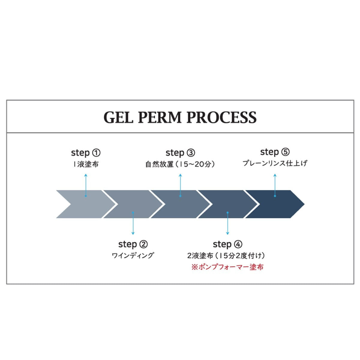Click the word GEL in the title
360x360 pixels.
[x=118, y=117]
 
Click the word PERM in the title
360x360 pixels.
[x=160, y=117]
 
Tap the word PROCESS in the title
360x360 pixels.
[x=222, y=117]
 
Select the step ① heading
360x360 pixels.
[x=86, y=153]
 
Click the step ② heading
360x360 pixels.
[x=133, y=244]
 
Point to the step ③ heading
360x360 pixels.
[x=180, y=153]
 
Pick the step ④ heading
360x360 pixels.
[x=227, y=244]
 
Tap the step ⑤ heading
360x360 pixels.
[x=275, y=152]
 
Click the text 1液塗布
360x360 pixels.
[x=86, y=164]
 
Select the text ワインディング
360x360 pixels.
[x=133, y=255]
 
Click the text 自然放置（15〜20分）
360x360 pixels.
[x=180, y=164]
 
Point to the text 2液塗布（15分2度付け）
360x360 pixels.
[x=226, y=256]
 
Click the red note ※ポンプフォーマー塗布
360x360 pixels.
[x=227, y=267]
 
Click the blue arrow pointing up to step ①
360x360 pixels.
[x=86, y=185]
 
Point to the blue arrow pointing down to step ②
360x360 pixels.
[x=133, y=223]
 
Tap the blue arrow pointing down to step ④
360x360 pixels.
[x=227, y=223]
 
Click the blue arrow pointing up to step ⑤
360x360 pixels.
[x=275, y=185]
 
